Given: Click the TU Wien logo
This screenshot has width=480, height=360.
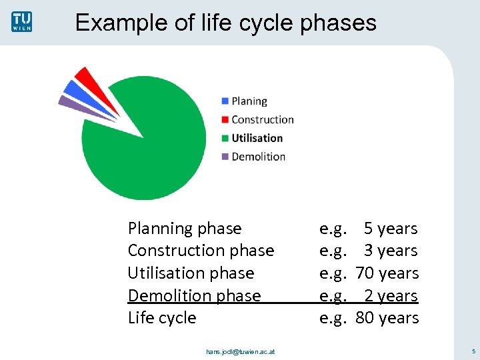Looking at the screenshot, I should click(x=21, y=21).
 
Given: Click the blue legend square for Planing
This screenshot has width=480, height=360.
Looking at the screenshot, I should click(x=225, y=101).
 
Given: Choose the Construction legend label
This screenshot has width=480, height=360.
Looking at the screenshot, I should click(x=262, y=120).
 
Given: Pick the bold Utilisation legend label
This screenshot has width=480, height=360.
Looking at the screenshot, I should click(x=257, y=138).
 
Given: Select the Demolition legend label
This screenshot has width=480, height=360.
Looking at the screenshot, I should click(x=258, y=157).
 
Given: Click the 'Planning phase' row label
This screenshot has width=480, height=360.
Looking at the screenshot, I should click(x=185, y=229).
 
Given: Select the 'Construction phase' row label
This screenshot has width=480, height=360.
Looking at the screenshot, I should click(x=201, y=251).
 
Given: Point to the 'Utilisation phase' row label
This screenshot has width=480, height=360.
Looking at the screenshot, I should click(x=191, y=273).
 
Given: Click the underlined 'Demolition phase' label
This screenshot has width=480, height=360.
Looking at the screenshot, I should click(x=194, y=295).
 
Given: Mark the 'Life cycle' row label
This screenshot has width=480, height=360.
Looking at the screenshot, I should click(x=162, y=318).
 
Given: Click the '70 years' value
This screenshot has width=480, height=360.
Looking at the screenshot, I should click(x=387, y=273).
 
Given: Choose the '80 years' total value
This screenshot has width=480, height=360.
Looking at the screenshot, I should click(x=387, y=318).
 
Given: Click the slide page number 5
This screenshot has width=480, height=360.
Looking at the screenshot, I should click(x=473, y=351).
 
